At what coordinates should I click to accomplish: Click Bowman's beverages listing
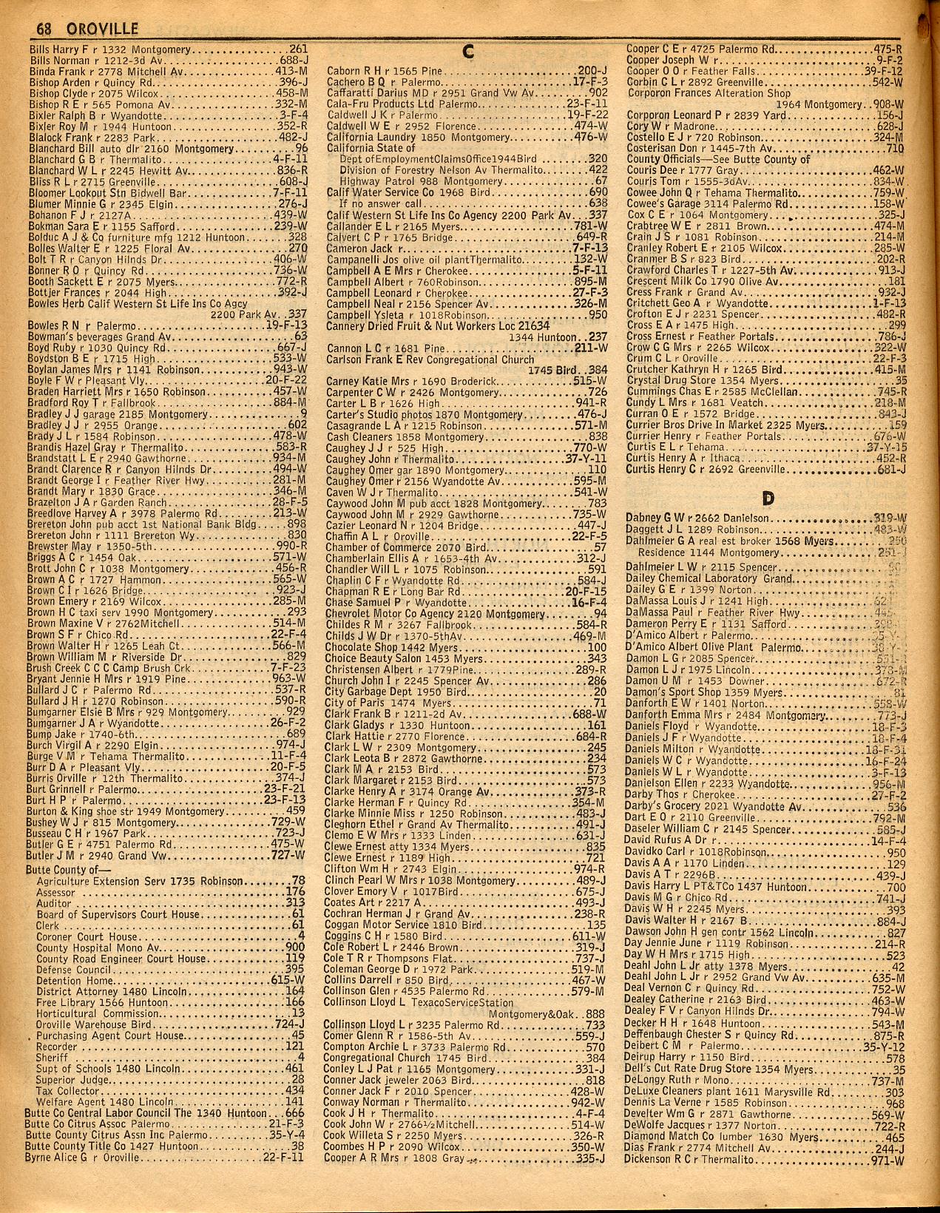73,337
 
